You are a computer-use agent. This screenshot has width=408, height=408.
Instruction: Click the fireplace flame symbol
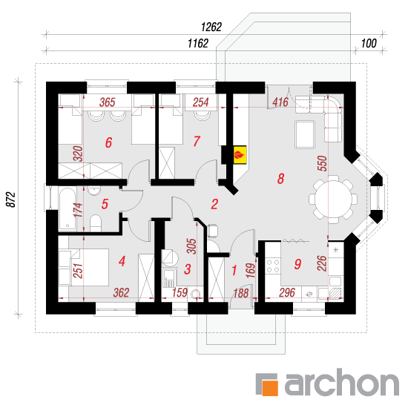click(x=239, y=155)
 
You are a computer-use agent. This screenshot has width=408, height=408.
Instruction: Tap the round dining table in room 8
click(x=333, y=200)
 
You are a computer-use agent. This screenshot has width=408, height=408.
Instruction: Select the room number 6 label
click(x=108, y=142)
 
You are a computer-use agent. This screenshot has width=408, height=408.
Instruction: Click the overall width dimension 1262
click(x=211, y=27)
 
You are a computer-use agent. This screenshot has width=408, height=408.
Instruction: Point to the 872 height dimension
click(x=11, y=200)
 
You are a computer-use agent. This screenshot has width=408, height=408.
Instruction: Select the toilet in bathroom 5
click(x=96, y=223)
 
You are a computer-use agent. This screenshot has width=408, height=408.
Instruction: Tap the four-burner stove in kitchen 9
click(x=273, y=266)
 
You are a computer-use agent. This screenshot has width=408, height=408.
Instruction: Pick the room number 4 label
click(x=122, y=261)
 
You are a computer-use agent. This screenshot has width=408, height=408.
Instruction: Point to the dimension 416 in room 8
click(x=280, y=102)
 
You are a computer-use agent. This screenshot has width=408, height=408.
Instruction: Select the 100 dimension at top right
click(x=369, y=44)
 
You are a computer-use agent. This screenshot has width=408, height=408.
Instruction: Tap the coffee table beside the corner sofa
click(x=305, y=134)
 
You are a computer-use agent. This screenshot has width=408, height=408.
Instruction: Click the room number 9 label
click(x=297, y=264)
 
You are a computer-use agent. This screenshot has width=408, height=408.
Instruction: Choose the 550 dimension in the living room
click(x=322, y=163)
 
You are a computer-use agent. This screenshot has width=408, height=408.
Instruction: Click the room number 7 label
click(x=197, y=141)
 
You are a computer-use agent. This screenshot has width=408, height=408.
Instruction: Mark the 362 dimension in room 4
click(x=121, y=292)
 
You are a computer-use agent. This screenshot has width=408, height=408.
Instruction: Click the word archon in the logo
click(x=342, y=382)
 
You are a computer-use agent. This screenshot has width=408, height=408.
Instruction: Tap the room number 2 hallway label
click(x=214, y=204)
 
